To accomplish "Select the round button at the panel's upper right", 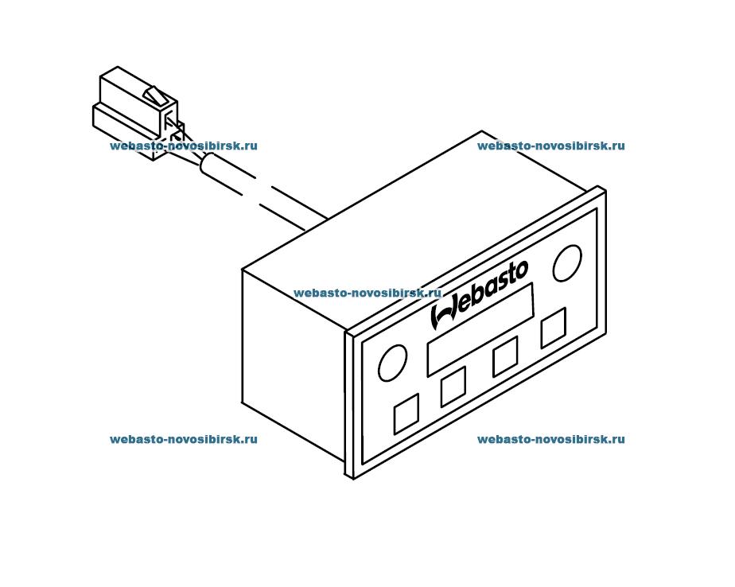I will (567, 263).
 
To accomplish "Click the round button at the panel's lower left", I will (392, 363).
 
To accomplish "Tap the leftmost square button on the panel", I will (406, 414).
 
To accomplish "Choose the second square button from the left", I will (453, 387).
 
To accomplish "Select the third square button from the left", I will (505, 356).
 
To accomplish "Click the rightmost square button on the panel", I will (554, 328).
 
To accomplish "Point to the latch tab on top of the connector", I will (156, 96).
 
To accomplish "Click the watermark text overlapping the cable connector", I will (184, 146).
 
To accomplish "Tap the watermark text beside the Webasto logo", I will (367, 293).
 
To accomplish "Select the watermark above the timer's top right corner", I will (551, 146).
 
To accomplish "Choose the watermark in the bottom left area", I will (184, 439).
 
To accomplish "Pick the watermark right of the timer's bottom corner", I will (551, 439).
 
